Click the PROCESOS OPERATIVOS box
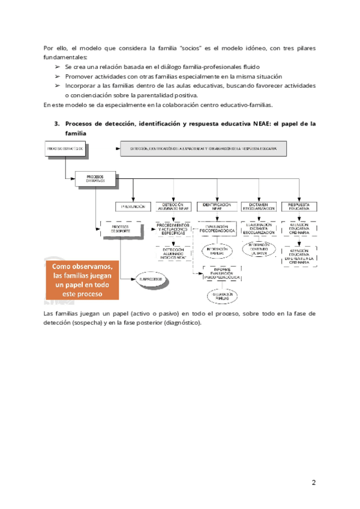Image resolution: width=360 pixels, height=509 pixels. click(x=95, y=179)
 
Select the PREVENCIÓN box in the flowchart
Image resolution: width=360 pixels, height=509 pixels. click(x=133, y=206)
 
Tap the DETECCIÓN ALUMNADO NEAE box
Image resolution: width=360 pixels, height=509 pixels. click(x=173, y=206)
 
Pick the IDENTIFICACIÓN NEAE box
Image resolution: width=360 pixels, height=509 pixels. click(x=217, y=206)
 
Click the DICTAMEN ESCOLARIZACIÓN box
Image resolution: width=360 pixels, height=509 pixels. click(x=259, y=206)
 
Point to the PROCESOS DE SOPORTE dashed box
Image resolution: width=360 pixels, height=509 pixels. click(x=120, y=228)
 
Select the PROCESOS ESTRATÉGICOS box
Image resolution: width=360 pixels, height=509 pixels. click(x=65, y=149)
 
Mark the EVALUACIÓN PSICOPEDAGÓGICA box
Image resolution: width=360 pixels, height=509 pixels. click(x=217, y=229)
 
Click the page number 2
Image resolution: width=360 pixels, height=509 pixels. click(x=313, y=483)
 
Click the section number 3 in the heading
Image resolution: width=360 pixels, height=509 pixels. click(x=56, y=124)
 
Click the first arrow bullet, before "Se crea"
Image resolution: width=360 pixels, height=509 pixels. click(x=58, y=67)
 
